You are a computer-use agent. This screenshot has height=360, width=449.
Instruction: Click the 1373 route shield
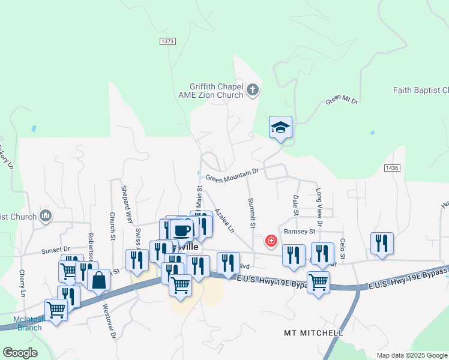pyautogui.click(x=167, y=41)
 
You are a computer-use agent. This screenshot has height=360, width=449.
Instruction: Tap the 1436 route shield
pyautogui.click(x=392, y=169)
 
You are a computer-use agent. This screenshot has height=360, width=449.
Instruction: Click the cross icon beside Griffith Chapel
pyautogui.click(x=253, y=91)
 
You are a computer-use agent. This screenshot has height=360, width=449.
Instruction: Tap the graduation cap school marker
pyautogui.click(x=280, y=127)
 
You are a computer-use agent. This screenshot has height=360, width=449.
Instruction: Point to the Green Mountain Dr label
pyautogui.click(x=232, y=175)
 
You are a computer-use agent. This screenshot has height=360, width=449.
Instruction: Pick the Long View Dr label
pyautogui.click(x=319, y=207)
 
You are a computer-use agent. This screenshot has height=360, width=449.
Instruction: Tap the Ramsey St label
pyautogui.click(x=300, y=231)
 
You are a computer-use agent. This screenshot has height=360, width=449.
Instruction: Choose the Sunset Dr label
pyautogui.click(x=55, y=249)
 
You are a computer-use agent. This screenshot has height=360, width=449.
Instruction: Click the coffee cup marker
pyautogui.click(x=181, y=230)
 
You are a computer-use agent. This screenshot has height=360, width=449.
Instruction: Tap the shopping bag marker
pyautogui.click(x=98, y=280)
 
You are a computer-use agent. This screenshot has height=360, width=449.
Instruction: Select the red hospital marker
pyautogui.click(x=271, y=241)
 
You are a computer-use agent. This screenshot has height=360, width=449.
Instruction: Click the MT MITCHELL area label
pyautogui.click(x=313, y=332)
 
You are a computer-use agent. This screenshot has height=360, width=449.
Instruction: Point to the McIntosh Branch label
pyautogui.click(x=28, y=323)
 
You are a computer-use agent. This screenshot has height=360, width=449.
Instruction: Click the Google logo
pyautogui.click(x=20, y=352)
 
